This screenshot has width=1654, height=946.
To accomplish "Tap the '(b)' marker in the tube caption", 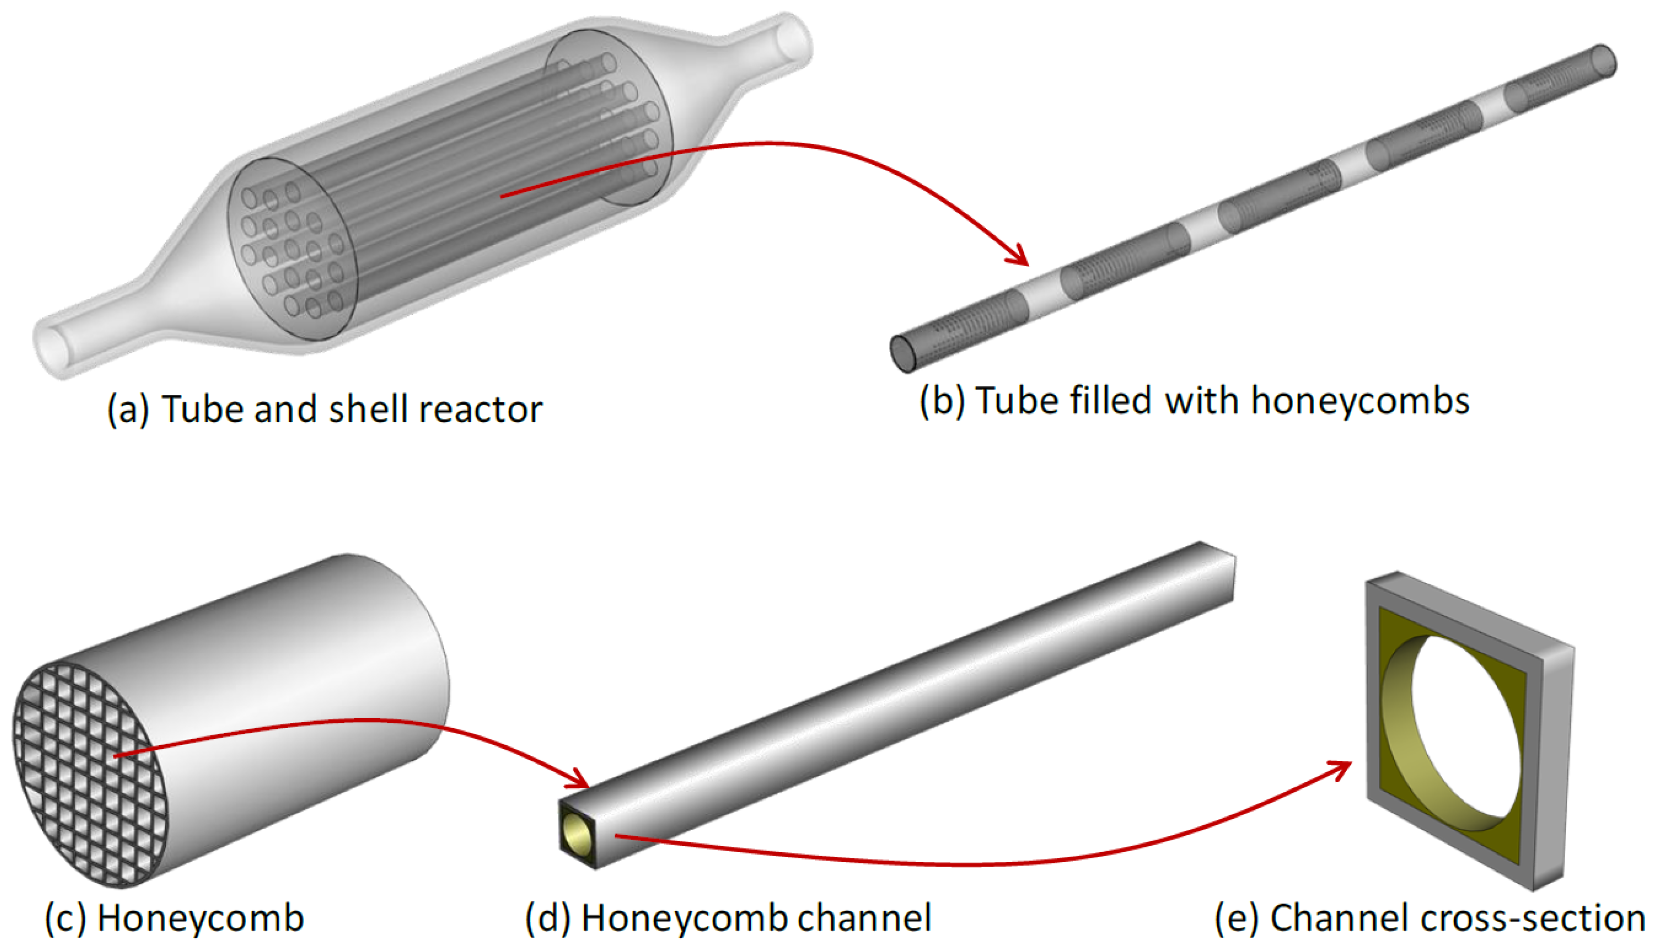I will [x=942, y=401].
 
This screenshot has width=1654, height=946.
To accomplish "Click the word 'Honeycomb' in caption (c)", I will [x=200, y=918].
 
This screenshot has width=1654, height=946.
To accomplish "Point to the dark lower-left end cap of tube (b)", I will [x=903, y=353].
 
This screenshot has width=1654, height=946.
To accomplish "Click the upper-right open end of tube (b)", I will [x=1604, y=61].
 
